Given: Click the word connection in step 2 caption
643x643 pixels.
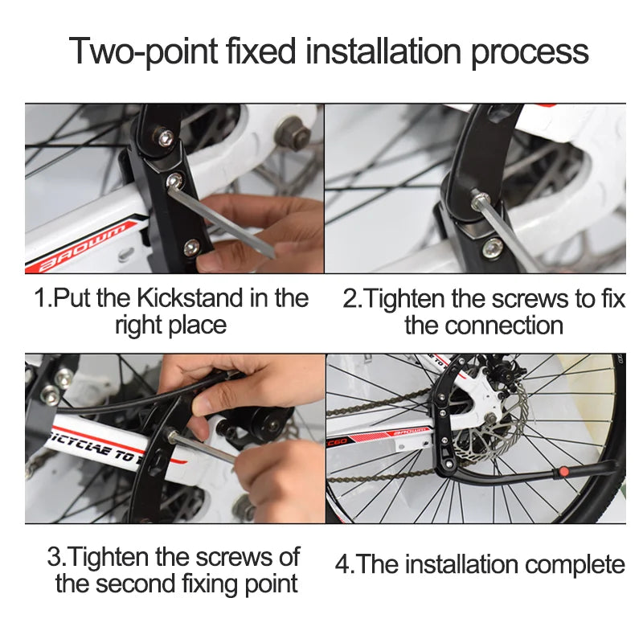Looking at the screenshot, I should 504,326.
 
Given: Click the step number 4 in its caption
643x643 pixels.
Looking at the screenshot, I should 342,564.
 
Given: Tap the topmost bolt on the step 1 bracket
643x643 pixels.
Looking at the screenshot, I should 166,138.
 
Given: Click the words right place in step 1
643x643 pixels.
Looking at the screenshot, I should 170,326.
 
